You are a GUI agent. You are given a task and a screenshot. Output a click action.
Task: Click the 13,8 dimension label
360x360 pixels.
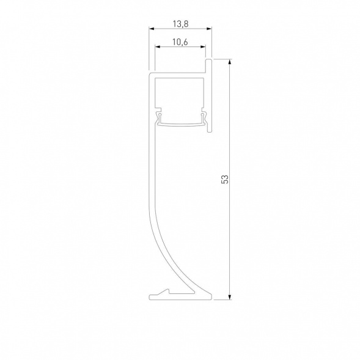[181, 24]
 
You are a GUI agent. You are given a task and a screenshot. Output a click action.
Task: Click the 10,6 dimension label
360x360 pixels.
[180, 42]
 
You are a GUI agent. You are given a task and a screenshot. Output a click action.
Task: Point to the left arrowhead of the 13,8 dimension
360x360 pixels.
[152, 29]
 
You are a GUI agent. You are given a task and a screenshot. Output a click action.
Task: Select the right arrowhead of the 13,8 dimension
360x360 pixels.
[209, 29]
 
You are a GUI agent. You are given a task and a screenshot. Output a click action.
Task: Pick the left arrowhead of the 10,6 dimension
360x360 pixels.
[158, 47]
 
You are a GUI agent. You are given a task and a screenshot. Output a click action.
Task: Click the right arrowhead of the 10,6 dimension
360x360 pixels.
[203, 47]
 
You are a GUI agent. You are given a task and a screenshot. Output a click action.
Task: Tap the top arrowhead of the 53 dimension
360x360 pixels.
[230, 62]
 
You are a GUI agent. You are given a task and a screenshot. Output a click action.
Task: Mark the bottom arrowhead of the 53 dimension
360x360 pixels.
[230, 297]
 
